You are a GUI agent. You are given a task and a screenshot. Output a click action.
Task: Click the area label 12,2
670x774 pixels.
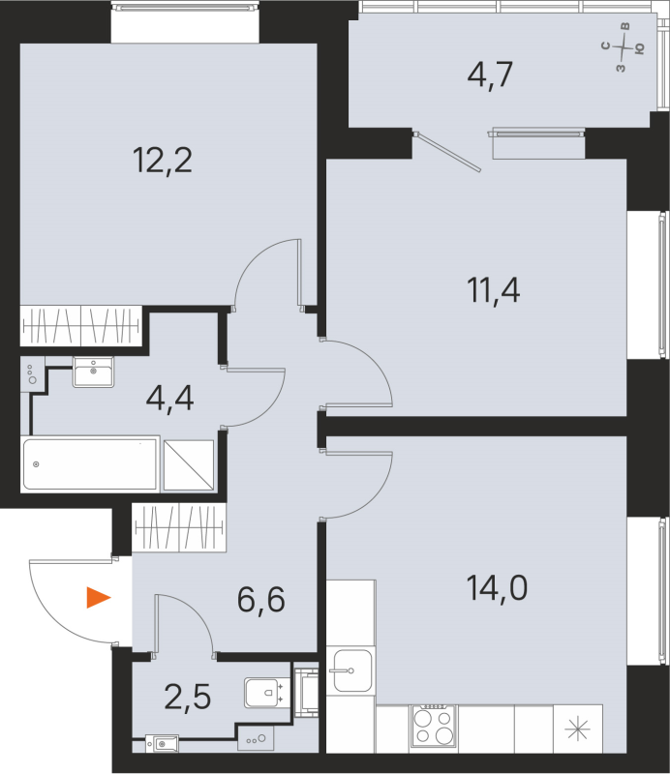(163, 159)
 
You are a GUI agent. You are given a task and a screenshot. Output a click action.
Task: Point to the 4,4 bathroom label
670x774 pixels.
(169, 397)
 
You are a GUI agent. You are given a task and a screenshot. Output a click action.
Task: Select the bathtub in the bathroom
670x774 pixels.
(90, 464)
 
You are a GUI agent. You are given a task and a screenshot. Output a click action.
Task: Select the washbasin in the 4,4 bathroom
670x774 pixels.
(94, 371)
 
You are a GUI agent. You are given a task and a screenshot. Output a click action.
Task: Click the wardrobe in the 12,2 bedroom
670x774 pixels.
(81, 326)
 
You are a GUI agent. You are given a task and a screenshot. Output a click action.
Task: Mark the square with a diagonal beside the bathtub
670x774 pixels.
(188, 464)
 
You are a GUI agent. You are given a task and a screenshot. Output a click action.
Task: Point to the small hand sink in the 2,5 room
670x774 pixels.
(162, 744)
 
